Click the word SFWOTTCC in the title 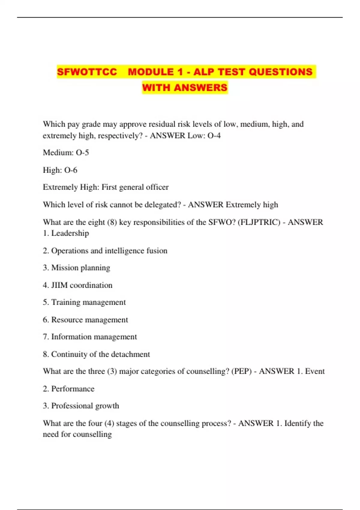click(87, 72)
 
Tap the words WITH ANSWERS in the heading click(185, 88)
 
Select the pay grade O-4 click(214, 136)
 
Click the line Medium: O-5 click(66, 153)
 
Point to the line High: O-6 click(60, 170)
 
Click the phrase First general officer click(135, 187)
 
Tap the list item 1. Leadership click(66, 233)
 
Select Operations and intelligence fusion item click(105, 250)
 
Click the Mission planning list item click(76, 268)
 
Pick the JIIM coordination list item click(77, 285)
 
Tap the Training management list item click(84, 302)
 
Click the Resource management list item click(85, 320)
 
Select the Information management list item click(90, 337)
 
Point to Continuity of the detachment click(96, 354)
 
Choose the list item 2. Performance click(68, 389)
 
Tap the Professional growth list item click(81, 406)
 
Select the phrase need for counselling click(77, 434)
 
